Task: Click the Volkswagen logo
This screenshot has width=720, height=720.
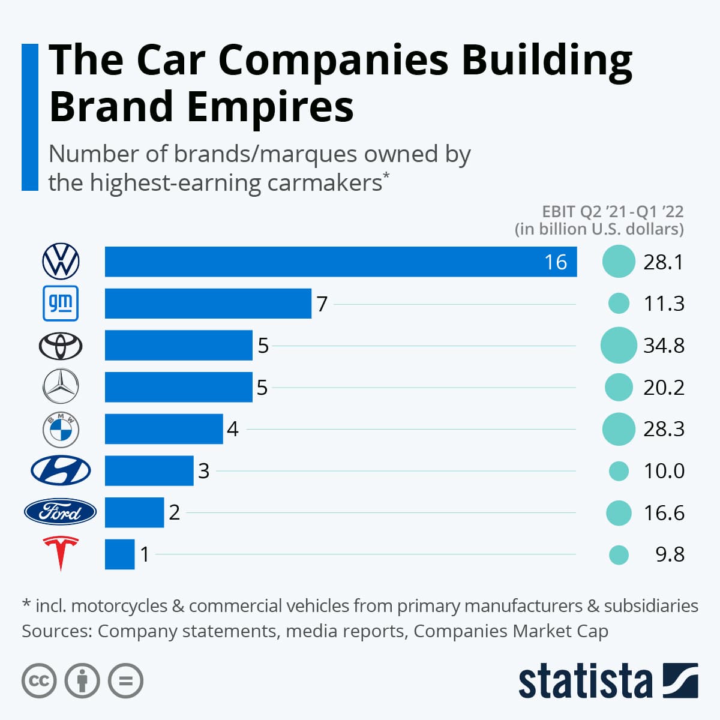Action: point(61,262)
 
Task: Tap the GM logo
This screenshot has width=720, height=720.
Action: point(61,304)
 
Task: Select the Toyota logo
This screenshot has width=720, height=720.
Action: point(61,346)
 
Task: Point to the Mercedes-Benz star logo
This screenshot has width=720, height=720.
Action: point(61,387)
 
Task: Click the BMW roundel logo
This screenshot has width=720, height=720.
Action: point(61,429)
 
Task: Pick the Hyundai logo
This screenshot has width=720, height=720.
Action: point(61,470)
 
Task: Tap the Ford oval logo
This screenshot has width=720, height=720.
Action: point(60,512)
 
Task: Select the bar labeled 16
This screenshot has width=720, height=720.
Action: point(340,262)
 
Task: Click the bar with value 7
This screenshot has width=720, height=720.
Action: point(208,304)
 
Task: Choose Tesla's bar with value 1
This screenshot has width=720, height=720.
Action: point(119,554)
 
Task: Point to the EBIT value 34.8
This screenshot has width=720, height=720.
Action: point(664,346)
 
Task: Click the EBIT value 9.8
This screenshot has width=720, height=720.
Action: point(670,554)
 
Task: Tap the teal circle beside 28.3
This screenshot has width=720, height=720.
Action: point(618,429)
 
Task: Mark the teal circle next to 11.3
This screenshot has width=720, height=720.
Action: point(619,304)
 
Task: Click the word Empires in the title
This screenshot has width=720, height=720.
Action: point(270,107)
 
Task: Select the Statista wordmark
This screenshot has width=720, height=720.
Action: point(585,682)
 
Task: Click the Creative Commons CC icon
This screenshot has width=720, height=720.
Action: point(39,681)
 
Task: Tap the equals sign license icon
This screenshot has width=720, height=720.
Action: point(125,681)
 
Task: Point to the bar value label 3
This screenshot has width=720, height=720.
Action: point(203,471)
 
